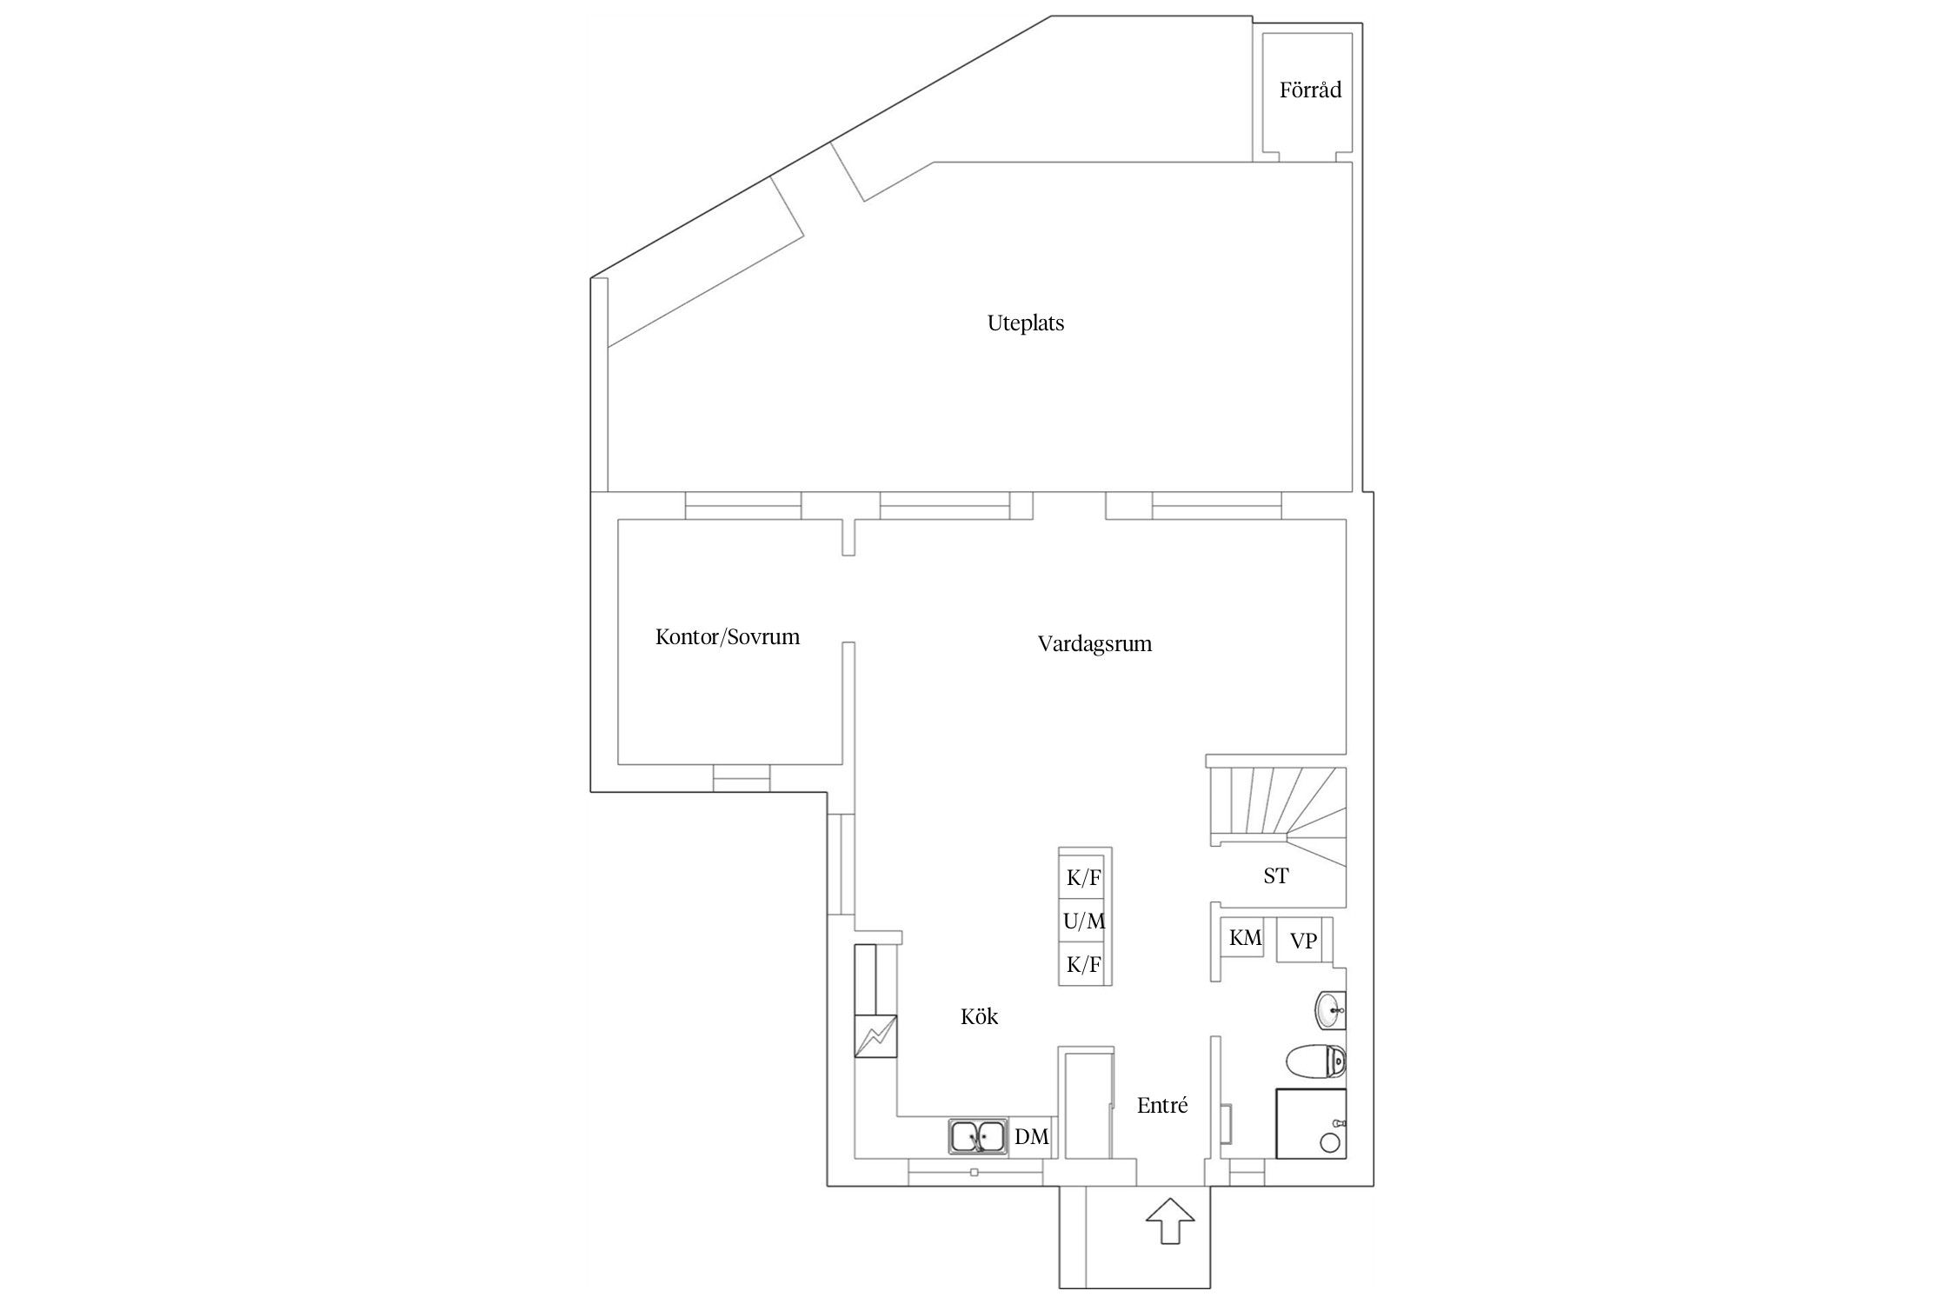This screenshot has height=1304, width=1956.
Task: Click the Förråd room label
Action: [1310, 90]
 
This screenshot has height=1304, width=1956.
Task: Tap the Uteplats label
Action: [1025, 323]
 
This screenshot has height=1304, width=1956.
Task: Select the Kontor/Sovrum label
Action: [727, 637]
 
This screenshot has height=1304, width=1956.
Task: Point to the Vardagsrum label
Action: [1094, 644]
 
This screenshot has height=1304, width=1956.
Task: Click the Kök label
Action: [979, 1016]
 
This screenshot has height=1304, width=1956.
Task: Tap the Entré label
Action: [1161, 1105]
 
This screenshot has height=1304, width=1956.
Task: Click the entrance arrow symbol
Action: [1170, 1221]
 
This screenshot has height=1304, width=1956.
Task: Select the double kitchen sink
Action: [978, 1136]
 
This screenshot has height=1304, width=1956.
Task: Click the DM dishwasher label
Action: [1031, 1136]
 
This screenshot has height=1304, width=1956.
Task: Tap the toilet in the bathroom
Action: [1316, 1061]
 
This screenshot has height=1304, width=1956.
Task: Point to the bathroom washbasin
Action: [1330, 1010]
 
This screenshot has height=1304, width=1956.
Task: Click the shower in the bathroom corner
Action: [1310, 1123]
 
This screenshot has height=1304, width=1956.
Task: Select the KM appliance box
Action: [1245, 939]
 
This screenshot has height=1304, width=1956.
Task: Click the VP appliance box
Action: [1302, 941]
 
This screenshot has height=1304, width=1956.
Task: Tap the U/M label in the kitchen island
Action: [1084, 921]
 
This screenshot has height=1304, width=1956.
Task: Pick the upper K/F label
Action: [1084, 878]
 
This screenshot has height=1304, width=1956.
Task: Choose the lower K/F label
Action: [1084, 964]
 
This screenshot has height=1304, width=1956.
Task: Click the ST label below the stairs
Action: [1275, 876]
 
